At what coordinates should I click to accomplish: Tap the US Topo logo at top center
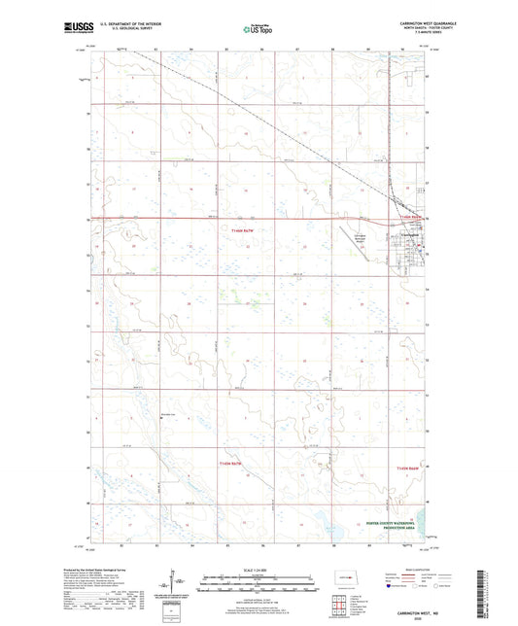tap(258, 29)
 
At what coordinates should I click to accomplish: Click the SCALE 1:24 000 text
tap(258, 569)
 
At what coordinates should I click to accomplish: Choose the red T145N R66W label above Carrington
tap(411, 217)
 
